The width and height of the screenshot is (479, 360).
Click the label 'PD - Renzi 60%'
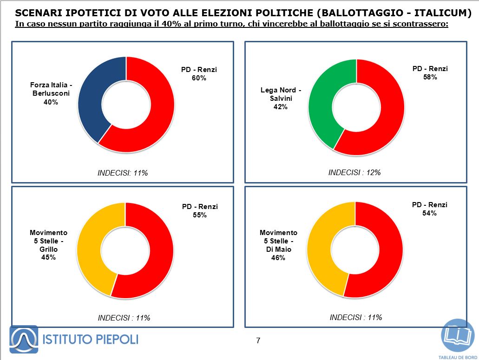(x=199, y=74)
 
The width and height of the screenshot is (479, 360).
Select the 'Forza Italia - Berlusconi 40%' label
(x=51, y=93)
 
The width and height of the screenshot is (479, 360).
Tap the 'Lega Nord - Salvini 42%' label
(x=281, y=98)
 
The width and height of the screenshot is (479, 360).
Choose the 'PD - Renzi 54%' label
(x=430, y=209)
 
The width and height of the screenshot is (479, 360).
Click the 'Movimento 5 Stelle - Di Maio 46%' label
(x=278, y=245)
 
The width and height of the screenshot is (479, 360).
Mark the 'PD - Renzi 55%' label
(x=200, y=211)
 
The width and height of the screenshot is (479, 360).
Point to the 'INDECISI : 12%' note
(x=354, y=172)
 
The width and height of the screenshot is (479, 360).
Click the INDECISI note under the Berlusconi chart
(x=123, y=173)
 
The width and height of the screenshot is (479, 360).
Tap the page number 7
(x=258, y=341)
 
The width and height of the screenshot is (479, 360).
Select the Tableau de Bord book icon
(x=457, y=336)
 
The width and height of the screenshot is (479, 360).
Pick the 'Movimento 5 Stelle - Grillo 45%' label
(x=49, y=245)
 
